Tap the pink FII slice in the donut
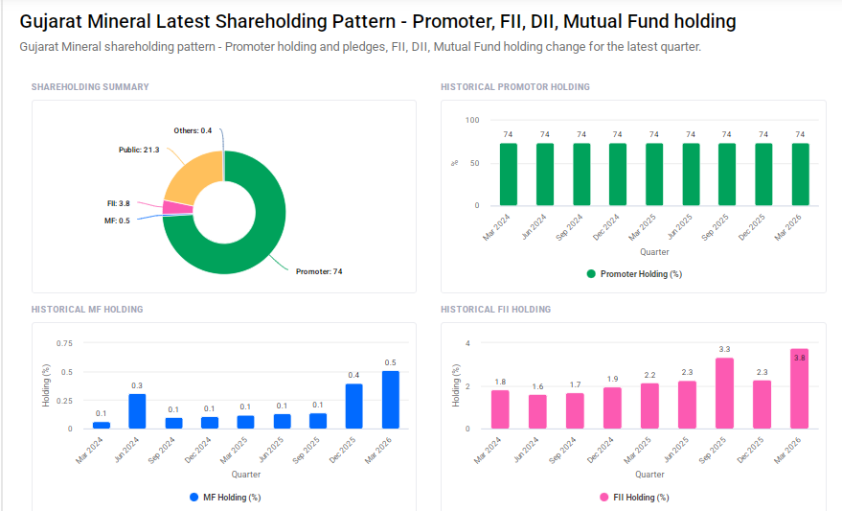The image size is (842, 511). pyautogui.click(x=176, y=207)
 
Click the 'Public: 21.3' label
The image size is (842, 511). pyautogui.click(x=138, y=150)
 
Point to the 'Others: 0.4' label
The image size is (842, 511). pyautogui.click(x=193, y=130)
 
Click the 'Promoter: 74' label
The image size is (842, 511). pyautogui.click(x=319, y=271)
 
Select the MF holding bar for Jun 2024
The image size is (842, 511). pyautogui.click(x=137, y=411)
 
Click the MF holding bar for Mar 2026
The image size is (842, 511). pyautogui.click(x=391, y=400)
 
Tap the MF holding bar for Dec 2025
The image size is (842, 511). pyautogui.click(x=354, y=406)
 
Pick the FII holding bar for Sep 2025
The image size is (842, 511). pyautogui.click(x=724, y=393)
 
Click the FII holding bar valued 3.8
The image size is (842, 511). pyautogui.click(x=799, y=388)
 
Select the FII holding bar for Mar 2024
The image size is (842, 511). pyautogui.click(x=500, y=409)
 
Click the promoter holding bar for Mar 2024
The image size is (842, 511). pyautogui.click(x=508, y=174)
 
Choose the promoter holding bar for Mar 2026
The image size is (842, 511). pyautogui.click(x=800, y=174)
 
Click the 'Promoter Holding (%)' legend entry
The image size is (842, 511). pyautogui.click(x=633, y=274)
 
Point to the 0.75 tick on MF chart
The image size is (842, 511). pyautogui.click(x=64, y=343)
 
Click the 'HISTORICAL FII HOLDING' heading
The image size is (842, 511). pyautogui.click(x=495, y=310)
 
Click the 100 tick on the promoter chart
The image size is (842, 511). pyautogui.click(x=472, y=120)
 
